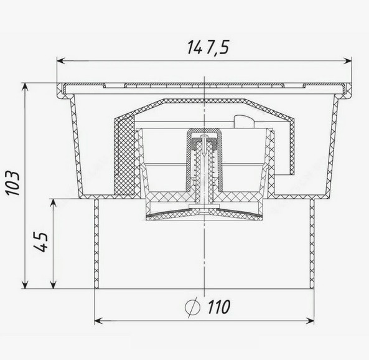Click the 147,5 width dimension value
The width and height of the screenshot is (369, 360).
208,47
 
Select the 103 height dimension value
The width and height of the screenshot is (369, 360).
13,183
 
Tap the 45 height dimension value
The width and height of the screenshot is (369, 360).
41,242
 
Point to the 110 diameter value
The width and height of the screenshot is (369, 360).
219,307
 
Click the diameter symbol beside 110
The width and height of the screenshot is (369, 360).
193,307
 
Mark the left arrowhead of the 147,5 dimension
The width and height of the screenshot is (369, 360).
61,61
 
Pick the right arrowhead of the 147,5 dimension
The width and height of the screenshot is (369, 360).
347,61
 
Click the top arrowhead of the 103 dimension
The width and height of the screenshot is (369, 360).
25,87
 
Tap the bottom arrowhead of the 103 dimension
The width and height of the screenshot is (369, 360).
25,284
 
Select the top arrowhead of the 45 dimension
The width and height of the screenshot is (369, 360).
54,203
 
